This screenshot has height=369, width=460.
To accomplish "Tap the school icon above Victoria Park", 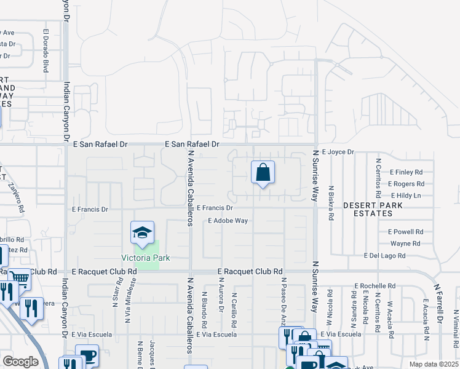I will pyautogui.click(x=142, y=234).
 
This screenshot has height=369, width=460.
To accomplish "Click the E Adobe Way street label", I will pyautogui.click(x=228, y=220).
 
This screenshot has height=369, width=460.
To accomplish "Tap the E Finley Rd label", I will pyautogui.click(x=406, y=172).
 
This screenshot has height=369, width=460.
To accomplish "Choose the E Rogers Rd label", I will pyautogui.click(x=406, y=184).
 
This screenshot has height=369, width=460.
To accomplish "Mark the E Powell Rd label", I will pyautogui.click(x=405, y=232).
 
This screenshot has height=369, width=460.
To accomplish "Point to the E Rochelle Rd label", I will pyautogui.click(x=375, y=286).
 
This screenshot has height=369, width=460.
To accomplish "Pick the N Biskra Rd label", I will pyautogui.click(x=331, y=203).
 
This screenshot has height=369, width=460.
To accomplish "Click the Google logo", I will pyautogui.click(x=20, y=362).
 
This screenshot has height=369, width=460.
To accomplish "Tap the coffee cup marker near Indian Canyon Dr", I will pyautogui.click(x=87, y=356).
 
